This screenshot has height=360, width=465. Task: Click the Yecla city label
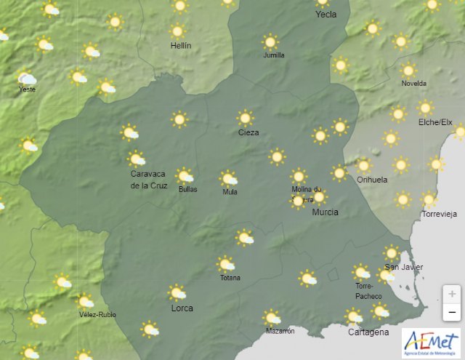click(325, 14)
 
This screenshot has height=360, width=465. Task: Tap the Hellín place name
click(180, 45)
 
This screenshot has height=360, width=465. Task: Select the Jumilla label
click(273, 55)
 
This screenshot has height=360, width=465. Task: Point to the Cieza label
click(248, 132)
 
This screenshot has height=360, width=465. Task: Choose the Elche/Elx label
click(435, 122)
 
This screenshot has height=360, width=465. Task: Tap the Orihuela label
click(372, 180)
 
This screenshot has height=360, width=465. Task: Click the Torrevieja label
click(440, 215)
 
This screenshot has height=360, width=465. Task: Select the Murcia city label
click(325, 212)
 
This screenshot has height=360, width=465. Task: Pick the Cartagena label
click(368, 332)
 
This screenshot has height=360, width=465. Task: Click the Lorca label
click(182, 308)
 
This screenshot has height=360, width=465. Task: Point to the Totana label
click(230, 278)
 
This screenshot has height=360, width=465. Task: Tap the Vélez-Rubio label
click(97, 314)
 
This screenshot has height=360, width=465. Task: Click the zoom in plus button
click(452, 294)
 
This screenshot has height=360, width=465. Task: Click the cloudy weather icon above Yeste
click(27, 78)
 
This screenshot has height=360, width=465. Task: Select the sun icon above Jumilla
click(270, 42)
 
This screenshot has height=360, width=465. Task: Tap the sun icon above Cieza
click(246, 117)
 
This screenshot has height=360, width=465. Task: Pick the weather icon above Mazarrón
click(272, 317)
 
